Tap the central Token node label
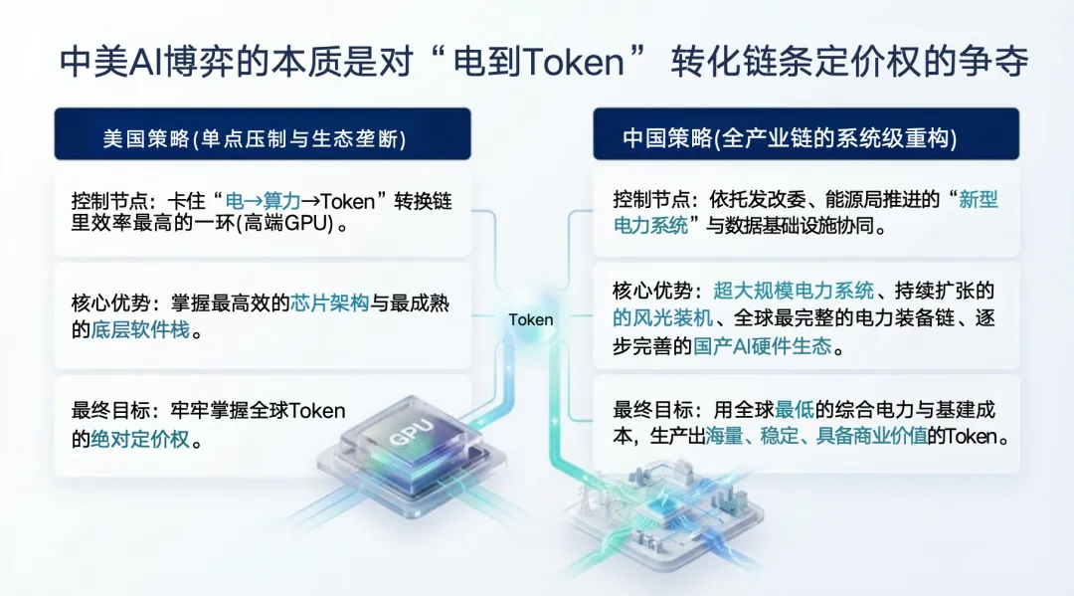point(531,320)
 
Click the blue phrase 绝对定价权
point(140,439)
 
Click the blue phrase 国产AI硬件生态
point(777,347)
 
